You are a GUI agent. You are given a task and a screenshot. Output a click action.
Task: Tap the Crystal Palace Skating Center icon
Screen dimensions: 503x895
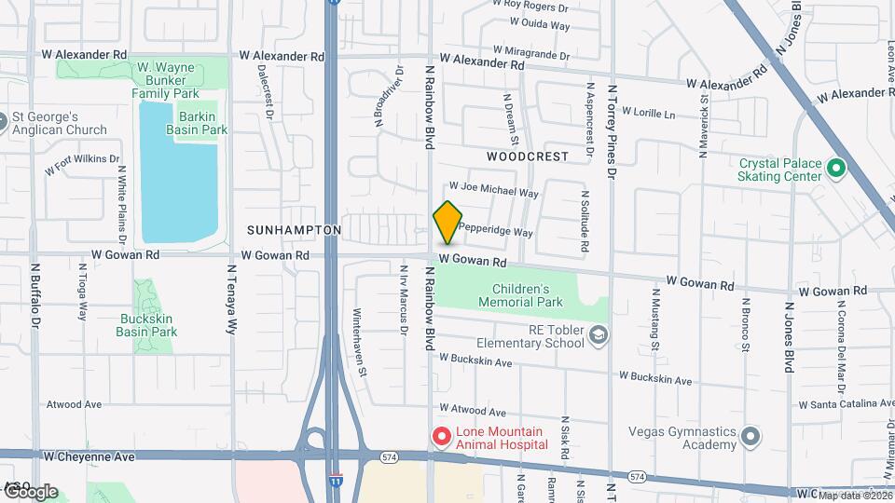tap(836, 169)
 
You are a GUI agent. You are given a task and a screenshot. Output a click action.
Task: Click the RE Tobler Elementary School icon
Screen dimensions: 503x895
tap(598, 334)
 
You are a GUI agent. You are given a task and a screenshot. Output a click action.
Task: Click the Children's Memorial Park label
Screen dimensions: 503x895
tap(521, 295)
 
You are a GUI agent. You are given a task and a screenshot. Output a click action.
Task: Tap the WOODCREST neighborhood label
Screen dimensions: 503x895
tap(527, 156)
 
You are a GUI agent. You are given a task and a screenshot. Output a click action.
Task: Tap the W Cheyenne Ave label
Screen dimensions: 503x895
tap(89, 457)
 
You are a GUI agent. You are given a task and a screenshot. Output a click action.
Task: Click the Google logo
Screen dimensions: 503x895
tap(30, 491)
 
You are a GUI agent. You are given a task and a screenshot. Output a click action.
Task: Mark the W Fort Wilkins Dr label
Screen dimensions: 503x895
tap(82, 165)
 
